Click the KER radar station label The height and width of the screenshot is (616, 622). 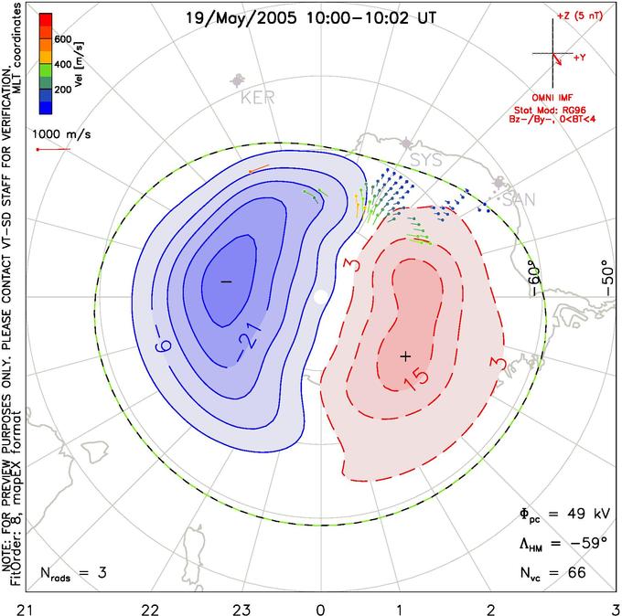[257, 97]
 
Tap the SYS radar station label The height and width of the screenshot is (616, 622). [425, 160]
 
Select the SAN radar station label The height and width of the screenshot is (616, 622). [519, 199]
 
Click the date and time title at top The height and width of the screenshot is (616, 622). [311, 18]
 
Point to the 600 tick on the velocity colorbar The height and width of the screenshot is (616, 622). [63, 39]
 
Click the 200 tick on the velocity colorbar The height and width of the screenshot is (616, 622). [63, 90]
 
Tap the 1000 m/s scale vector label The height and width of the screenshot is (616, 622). [61, 134]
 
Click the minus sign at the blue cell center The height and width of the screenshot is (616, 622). [226, 281]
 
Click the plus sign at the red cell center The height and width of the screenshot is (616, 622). [405, 356]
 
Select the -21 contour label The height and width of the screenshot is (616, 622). [251, 336]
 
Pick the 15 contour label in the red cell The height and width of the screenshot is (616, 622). [416, 379]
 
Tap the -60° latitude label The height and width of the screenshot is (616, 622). [534, 280]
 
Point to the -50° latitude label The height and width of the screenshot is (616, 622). [607, 278]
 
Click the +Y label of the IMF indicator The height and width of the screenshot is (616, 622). [580, 58]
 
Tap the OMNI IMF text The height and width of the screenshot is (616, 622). [552, 98]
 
